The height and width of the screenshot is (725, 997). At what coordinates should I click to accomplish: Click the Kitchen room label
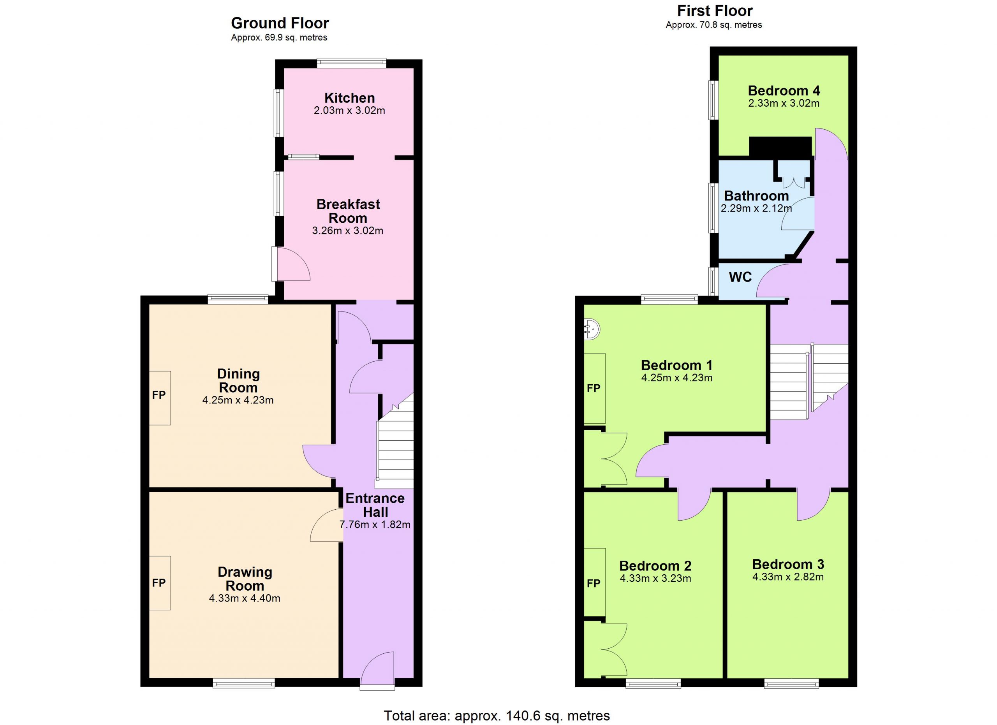pyautogui.click(x=349, y=98)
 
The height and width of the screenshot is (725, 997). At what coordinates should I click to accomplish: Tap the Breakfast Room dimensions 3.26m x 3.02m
pyautogui.click(x=348, y=231)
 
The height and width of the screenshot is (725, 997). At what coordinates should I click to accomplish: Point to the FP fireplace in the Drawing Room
pyautogui.click(x=160, y=583)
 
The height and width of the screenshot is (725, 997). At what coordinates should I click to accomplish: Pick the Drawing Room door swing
pyautogui.click(x=327, y=525)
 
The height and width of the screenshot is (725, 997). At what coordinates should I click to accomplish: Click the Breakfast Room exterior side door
pyautogui.click(x=291, y=264)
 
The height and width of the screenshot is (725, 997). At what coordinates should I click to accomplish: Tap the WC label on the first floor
pyautogui.click(x=740, y=277)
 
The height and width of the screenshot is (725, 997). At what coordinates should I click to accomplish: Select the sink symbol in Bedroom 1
pyautogui.click(x=592, y=329)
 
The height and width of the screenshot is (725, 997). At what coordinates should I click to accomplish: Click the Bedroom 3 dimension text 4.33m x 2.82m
pyautogui.click(x=788, y=577)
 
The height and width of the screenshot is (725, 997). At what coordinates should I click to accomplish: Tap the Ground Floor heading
pyautogui.click(x=280, y=23)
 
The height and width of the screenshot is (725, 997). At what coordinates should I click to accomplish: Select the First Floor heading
pyautogui.click(x=715, y=10)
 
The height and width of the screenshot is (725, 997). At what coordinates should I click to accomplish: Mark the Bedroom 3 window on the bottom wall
pyautogui.click(x=791, y=683)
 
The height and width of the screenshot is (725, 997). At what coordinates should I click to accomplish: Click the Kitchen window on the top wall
pyautogui.click(x=352, y=63)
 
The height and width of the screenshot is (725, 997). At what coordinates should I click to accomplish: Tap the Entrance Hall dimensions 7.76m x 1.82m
pyautogui.click(x=375, y=524)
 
